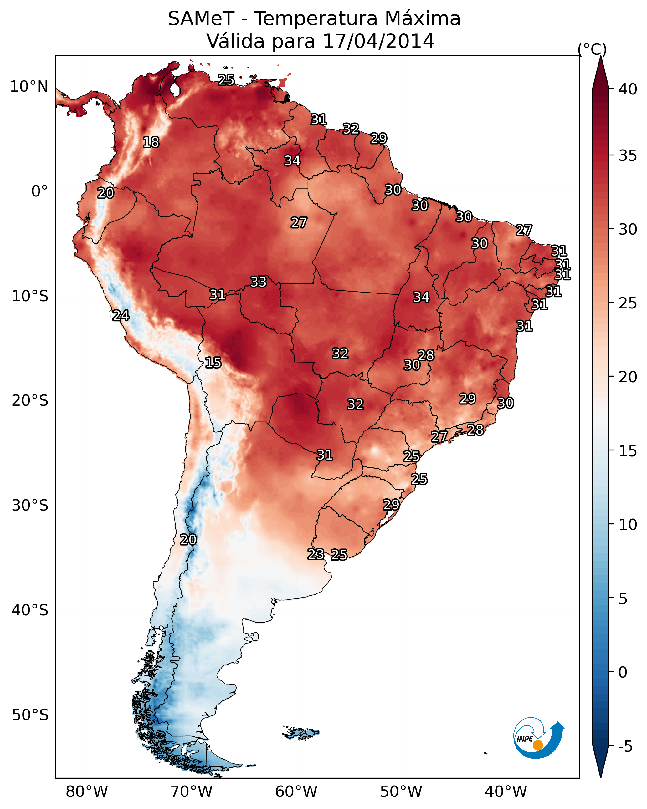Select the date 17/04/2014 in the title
click(x=378, y=41)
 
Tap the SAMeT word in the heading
click(x=201, y=19)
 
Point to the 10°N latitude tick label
click(x=29, y=87)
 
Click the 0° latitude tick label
click(x=39, y=191)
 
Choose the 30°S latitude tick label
click(x=30, y=506)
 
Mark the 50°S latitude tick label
click(x=30, y=715)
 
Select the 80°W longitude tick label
click(x=87, y=792)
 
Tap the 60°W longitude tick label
click(x=296, y=792)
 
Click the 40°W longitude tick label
click(x=506, y=792)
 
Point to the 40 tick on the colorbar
click(x=628, y=89)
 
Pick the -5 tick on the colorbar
click(x=626, y=747)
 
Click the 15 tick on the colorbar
click(x=628, y=451)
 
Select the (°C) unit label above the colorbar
click(x=592, y=49)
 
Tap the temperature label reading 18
click(x=151, y=142)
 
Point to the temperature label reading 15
click(x=213, y=363)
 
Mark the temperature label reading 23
click(x=316, y=554)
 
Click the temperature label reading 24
click(x=121, y=316)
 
